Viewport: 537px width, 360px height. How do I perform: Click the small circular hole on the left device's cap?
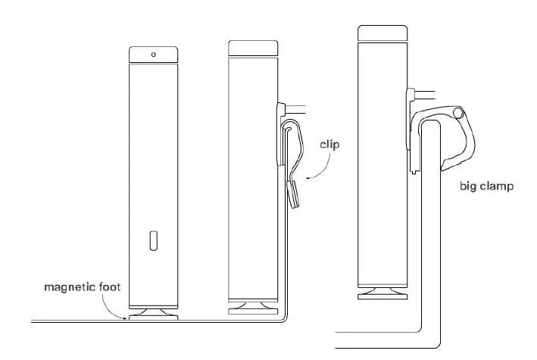click(x=154, y=55)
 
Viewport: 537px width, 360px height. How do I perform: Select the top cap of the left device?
click(x=154, y=55)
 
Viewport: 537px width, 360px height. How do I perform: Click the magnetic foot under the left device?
click(x=154, y=311)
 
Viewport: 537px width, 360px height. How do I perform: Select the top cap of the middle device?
click(x=253, y=47)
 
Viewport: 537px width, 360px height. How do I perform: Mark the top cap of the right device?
click(x=382, y=33)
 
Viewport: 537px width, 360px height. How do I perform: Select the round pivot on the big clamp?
click(x=457, y=113)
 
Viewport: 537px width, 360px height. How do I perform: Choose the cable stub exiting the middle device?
click(x=295, y=108)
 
